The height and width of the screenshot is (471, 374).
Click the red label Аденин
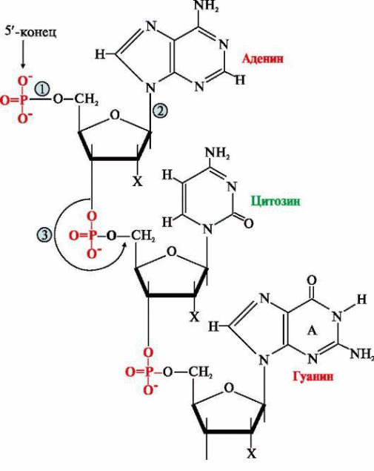(262, 58)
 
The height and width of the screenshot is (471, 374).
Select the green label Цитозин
(276, 201)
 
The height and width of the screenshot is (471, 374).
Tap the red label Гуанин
(313, 375)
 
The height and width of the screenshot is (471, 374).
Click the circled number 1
(42, 90)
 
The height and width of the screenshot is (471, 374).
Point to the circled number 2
(159, 111)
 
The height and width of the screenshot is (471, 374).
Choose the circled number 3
(44, 234)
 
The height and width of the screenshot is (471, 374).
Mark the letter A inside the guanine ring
(313, 331)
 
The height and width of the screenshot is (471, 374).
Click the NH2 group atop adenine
(207, 6)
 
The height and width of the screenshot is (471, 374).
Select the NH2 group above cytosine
(218, 153)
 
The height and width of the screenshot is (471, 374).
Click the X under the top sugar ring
(137, 181)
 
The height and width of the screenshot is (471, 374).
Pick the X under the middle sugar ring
(194, 317)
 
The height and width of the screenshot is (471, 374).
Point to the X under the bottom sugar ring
(251, 453)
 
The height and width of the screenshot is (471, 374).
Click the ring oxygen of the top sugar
(115, 115)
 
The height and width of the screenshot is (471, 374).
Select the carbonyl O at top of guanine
(312, 281)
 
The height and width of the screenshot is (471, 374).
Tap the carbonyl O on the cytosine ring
(248, 223)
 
